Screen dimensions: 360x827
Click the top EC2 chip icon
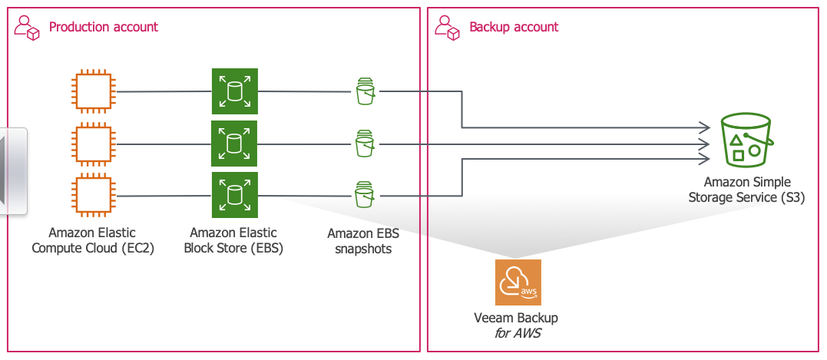coord(93,92)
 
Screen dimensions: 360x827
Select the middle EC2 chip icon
coord(93,144)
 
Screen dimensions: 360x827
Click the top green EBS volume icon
coord(235,91)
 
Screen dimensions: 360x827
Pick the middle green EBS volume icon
coord(235,143)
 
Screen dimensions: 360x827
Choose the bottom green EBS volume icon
coord(235,194)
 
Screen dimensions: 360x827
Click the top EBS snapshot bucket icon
coord(366,91)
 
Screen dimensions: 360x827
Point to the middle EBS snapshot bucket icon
coord(366,144)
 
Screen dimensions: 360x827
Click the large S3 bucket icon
coord(746,140)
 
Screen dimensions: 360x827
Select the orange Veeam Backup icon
coord(518,282)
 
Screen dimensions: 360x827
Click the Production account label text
coord(104,27)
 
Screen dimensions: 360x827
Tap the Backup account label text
coord(514,27)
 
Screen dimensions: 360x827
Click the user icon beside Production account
coord(27,28)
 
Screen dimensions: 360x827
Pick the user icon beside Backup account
coord(446,28)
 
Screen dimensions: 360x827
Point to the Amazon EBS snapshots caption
coord(363,241)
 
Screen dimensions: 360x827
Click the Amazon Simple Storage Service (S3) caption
coord(746,189)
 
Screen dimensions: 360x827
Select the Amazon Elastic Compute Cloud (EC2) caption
coord(93,240)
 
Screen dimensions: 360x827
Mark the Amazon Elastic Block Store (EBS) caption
coord(233,240)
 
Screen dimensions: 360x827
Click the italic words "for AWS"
coord(516,332)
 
